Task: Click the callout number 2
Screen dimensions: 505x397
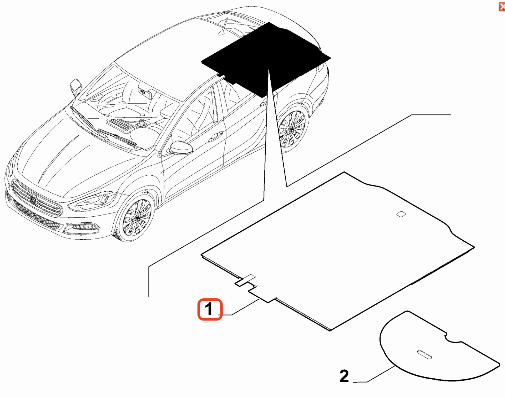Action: tap(344, 376)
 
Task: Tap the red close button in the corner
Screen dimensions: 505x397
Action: tap(502, 7)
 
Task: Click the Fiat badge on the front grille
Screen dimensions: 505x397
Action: tap(33, 200)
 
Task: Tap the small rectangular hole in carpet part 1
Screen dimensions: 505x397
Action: tap(401, 214)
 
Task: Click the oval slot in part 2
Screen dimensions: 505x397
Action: tap(424, 354)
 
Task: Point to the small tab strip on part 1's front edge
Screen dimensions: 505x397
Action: tap(245, 280)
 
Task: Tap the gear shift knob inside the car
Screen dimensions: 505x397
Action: tap(142, 123)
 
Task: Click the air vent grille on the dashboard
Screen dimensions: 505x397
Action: tap(120, 125)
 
